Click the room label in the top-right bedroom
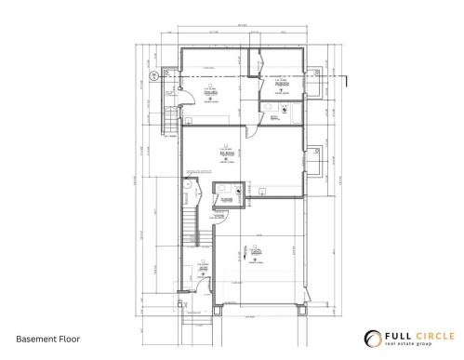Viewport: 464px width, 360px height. (x=280, y=82)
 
